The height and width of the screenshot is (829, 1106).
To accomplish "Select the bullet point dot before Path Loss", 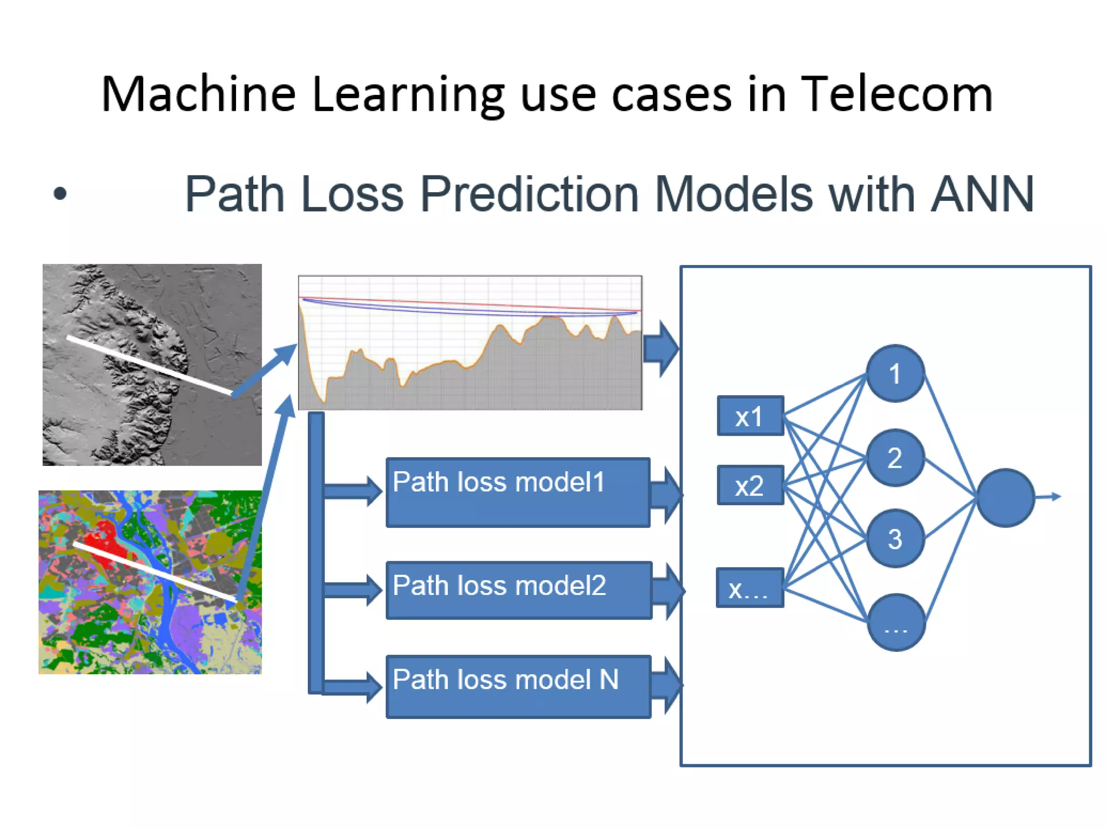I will click(60, 193).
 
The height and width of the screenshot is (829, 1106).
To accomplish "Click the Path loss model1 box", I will click(517, 492).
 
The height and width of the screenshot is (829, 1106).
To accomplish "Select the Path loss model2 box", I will click(518, 590).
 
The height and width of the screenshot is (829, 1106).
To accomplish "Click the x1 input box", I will click(750, 416).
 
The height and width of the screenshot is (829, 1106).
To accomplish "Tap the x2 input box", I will click(750, 485).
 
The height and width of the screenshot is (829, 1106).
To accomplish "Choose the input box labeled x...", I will click(749, 588).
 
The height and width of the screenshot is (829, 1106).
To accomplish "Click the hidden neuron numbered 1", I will click(895, 373).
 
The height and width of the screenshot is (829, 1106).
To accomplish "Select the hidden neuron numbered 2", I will click(895, 458).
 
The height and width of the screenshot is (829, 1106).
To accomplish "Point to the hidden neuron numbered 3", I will click(895, 538).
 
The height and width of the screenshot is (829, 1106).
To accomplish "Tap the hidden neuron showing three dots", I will click(896, 622).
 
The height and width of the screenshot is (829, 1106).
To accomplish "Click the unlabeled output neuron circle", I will click(1005, 498).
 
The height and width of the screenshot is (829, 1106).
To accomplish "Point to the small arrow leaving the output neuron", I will click(1049, 497).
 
